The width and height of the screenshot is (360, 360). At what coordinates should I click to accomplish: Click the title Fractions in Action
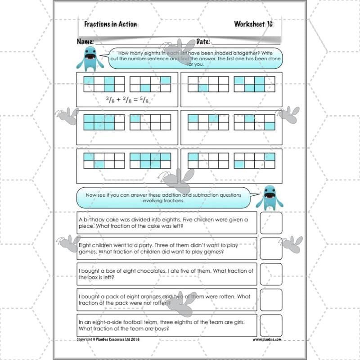coord(110,24)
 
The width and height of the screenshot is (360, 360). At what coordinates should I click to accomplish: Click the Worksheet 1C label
coord(253,24)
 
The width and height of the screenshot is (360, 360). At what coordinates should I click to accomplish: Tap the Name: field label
coord(85,42)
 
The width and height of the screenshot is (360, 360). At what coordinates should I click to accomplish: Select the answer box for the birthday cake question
coord(271,223)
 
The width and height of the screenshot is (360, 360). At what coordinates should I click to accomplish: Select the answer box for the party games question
coord(271,248)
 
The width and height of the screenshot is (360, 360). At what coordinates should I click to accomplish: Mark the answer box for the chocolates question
coord(271,274)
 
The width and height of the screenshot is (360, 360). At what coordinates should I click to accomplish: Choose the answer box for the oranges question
coord(271,300)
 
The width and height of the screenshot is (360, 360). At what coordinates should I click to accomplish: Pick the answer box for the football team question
coord(271,325)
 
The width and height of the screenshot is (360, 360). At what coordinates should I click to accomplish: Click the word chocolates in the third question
coord(147,271)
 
